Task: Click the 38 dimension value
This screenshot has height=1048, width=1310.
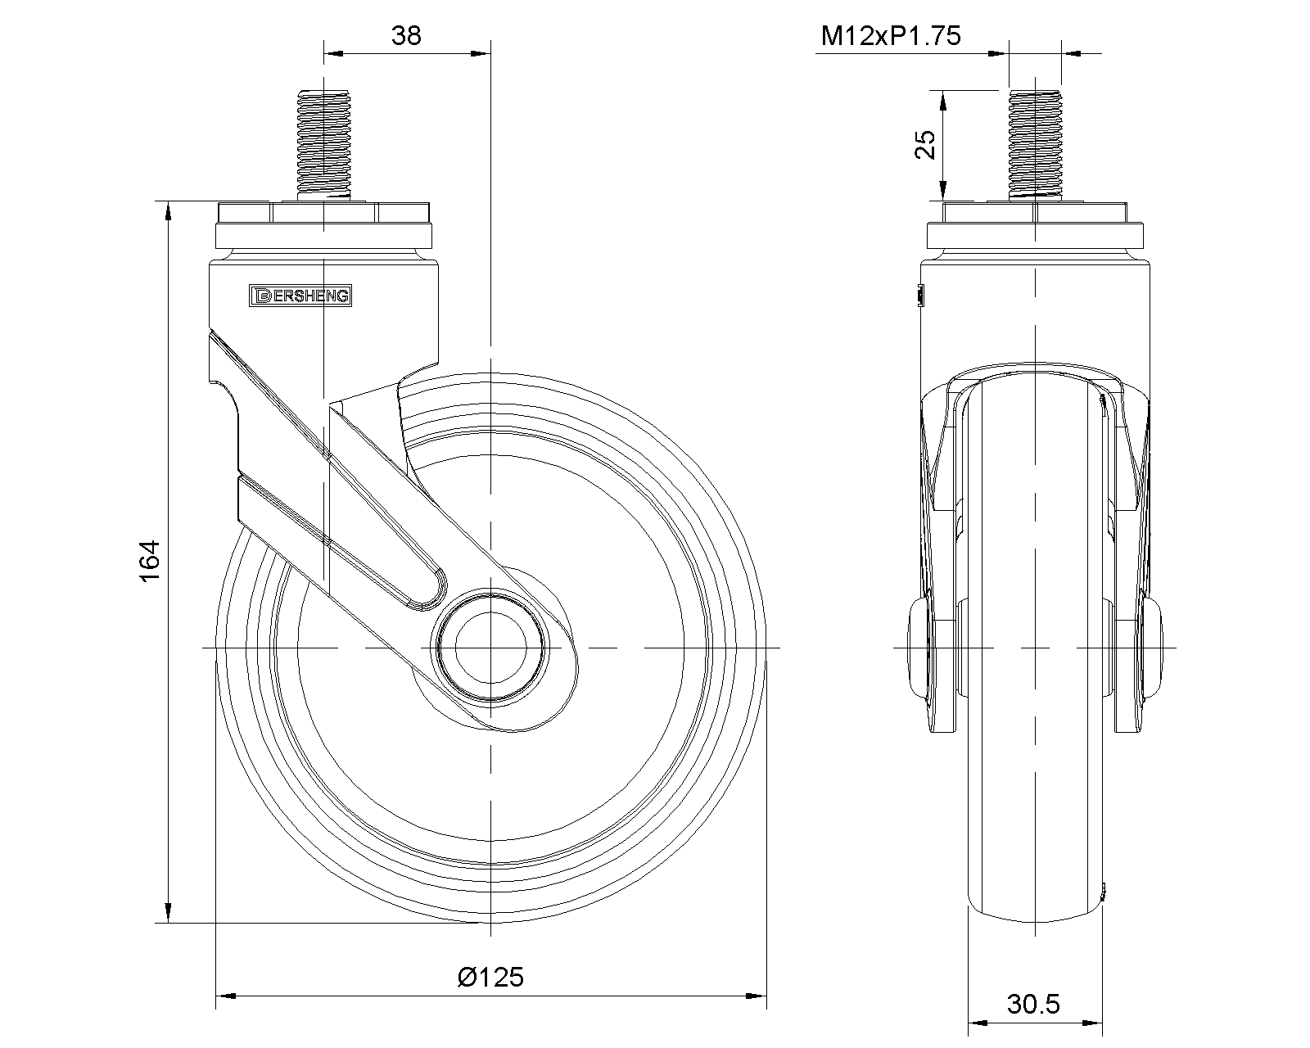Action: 406,36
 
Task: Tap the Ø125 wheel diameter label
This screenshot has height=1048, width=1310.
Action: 490,977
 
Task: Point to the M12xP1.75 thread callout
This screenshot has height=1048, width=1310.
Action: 891,36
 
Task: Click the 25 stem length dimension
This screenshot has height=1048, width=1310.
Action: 925,145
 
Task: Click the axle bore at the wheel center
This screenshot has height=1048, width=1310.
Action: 490,647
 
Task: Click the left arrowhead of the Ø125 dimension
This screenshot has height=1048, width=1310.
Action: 223,996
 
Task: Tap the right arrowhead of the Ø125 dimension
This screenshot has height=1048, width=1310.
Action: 758,996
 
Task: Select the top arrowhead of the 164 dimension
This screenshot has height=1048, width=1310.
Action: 169,210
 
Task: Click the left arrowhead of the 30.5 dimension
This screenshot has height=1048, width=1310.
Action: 977,1023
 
